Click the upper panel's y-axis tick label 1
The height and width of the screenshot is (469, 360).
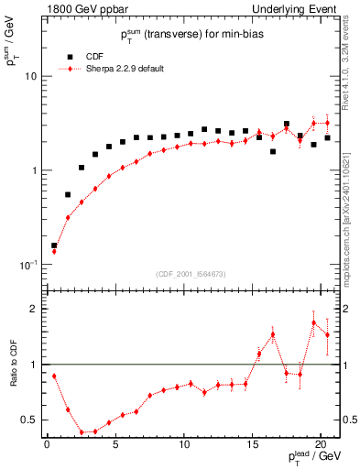35,170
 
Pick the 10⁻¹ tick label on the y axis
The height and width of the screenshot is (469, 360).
29,265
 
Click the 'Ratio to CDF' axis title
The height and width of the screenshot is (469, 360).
13,364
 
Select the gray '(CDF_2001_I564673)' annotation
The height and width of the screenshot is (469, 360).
191,274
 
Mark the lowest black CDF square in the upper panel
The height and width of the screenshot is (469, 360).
54,245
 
